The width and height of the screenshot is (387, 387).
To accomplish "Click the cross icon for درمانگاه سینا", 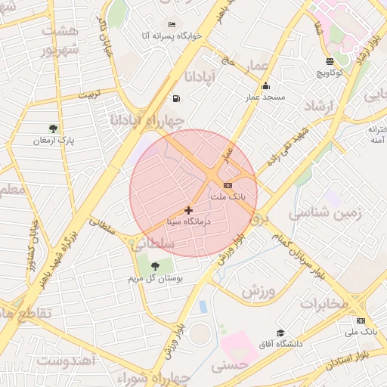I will pos(188,210).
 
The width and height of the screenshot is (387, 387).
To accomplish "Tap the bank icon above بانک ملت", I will pos(228,185).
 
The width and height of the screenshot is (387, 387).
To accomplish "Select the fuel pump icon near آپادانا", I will pos(176,98).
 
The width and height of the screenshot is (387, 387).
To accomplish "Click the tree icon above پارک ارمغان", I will pos(53,128).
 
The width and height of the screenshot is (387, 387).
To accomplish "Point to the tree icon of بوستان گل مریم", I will pos(154,265).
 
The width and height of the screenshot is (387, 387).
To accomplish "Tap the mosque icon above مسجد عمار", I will pos(265,86).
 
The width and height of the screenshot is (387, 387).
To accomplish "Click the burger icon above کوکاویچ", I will pos(330,61).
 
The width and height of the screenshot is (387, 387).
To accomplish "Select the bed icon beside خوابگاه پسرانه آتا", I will pos(172,24).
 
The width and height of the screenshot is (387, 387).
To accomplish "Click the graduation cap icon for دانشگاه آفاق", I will pos(280,333).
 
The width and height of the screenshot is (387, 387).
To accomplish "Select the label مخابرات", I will pos(324,303).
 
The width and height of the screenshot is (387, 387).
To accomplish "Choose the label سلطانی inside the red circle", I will pos(153,244).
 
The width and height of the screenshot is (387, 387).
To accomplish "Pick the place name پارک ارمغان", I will pos(53,141).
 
